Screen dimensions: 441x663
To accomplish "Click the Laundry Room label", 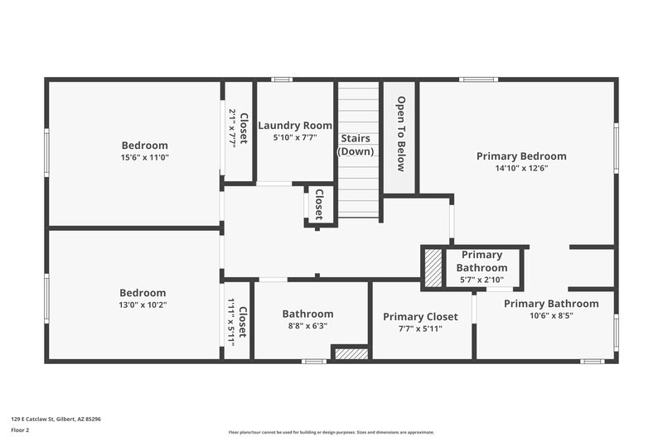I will [294, 126].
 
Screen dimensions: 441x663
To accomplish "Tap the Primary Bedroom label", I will [521, 156].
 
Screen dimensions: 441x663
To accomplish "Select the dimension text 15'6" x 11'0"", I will [145, 157].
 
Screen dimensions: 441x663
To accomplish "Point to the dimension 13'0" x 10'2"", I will [143, 304].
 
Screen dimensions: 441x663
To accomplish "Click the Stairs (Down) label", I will [356, 145].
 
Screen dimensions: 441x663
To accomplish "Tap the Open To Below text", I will [400, 134].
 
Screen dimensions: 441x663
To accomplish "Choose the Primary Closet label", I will [420, 316].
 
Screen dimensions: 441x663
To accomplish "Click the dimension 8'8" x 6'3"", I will [307, 326].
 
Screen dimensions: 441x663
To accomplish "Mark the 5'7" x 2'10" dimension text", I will [482, 280].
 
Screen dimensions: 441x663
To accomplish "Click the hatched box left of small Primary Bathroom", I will [433, 269].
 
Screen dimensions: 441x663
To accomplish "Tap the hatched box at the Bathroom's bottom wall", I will [351, 353].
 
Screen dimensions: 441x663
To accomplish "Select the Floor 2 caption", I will [21, 430].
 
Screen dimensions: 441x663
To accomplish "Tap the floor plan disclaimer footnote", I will [331, 432].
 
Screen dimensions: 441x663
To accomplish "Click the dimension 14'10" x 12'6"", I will [521, 168].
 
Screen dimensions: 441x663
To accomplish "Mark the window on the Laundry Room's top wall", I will [283, 79].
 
